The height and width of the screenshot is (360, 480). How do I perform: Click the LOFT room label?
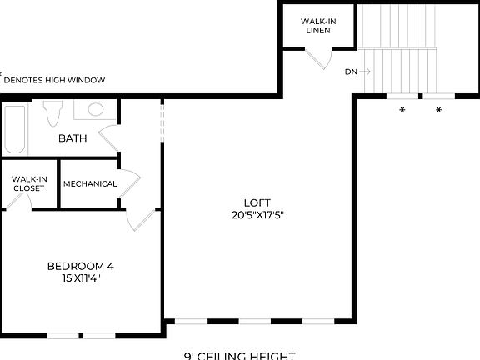(x=257, y=202)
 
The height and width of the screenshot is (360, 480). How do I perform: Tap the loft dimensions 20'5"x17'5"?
(x=257, y=214)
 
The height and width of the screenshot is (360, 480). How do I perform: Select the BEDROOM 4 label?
(x=80, y=267)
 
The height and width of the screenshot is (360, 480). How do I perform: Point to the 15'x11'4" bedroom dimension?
(x=80, y=278)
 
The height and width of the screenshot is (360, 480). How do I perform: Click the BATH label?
(x=72, y=138)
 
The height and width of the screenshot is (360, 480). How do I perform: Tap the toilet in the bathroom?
(x=54, y=112)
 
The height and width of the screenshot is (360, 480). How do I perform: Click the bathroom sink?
(x=95, y=109)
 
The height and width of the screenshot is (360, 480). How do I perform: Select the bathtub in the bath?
(x=15, y=129)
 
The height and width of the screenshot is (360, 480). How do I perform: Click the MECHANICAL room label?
(x=89, y=184)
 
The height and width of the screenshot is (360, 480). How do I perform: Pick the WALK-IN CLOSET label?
(x=28, y=183)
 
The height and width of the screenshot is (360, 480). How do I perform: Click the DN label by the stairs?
(x=351, y=72)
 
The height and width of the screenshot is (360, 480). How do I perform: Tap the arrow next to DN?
(x=366, y=72)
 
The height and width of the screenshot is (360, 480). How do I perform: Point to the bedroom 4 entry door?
(x=141, y=218)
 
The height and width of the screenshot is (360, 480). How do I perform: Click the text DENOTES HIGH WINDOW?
(x=54, y=80)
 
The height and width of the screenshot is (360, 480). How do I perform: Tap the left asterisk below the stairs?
(x=402, y=110)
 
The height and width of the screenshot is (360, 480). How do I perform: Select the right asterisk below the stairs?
(x=439, y=110)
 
